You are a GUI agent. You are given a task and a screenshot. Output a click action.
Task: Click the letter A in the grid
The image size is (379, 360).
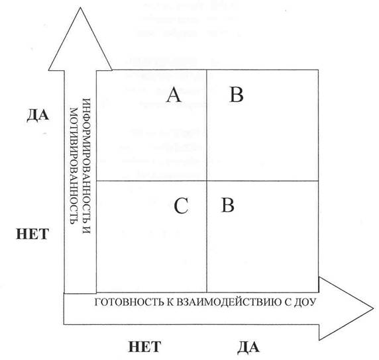(174, 95)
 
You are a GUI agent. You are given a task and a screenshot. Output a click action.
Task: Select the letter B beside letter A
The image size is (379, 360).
(237, 95)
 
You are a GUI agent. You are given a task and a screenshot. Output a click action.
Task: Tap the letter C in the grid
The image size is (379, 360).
(181, 206)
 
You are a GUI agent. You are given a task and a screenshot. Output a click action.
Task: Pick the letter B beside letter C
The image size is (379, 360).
(228, 205)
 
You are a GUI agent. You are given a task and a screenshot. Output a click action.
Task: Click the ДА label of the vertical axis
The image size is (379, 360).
(38, 115)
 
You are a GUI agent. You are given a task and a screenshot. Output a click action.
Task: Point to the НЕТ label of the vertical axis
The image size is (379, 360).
(32, 234)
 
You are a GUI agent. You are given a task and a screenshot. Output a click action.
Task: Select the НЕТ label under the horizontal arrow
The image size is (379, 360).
(144, 347)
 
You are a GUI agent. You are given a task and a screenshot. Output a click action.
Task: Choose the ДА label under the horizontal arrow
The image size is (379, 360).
(248, 347)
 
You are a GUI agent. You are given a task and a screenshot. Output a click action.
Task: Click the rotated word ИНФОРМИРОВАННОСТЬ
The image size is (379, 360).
(86, 160)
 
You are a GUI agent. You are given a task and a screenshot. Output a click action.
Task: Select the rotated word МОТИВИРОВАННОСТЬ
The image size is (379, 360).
(74, 166)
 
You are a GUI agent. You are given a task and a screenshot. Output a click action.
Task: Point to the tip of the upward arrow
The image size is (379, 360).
(80, 7)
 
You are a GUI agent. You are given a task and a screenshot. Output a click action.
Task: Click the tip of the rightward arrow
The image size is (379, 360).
(374, 308)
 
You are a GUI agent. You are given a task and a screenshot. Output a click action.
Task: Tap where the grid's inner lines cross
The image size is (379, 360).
(207, 181)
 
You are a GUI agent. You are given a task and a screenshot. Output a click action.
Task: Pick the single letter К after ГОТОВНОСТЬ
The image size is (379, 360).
(170, 302)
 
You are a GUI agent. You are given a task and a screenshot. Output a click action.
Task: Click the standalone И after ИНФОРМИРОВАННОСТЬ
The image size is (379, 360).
(86, 230)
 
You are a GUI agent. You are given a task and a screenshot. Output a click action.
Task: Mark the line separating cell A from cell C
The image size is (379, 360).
(152, 181)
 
